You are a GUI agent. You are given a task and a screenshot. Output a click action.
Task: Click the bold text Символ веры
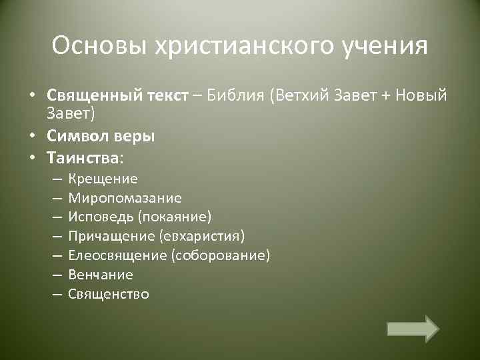pyautogui.click(x=101, y=136)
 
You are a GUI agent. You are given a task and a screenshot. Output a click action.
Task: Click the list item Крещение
pyautogui.click(x=103, y=179)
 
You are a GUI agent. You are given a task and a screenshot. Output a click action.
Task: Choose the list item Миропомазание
pyautogui.click(x=125, y=198)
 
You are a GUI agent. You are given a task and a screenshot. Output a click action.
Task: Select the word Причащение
pyautogui.click(x=112, y=237)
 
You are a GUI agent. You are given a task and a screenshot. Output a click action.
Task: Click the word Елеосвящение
pyautogui.click(x=117, y=256)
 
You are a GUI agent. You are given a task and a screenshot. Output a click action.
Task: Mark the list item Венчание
pyautogui.click(x=101, y=275)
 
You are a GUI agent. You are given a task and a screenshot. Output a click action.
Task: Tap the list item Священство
pyautogui.click(x=109, y=294)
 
